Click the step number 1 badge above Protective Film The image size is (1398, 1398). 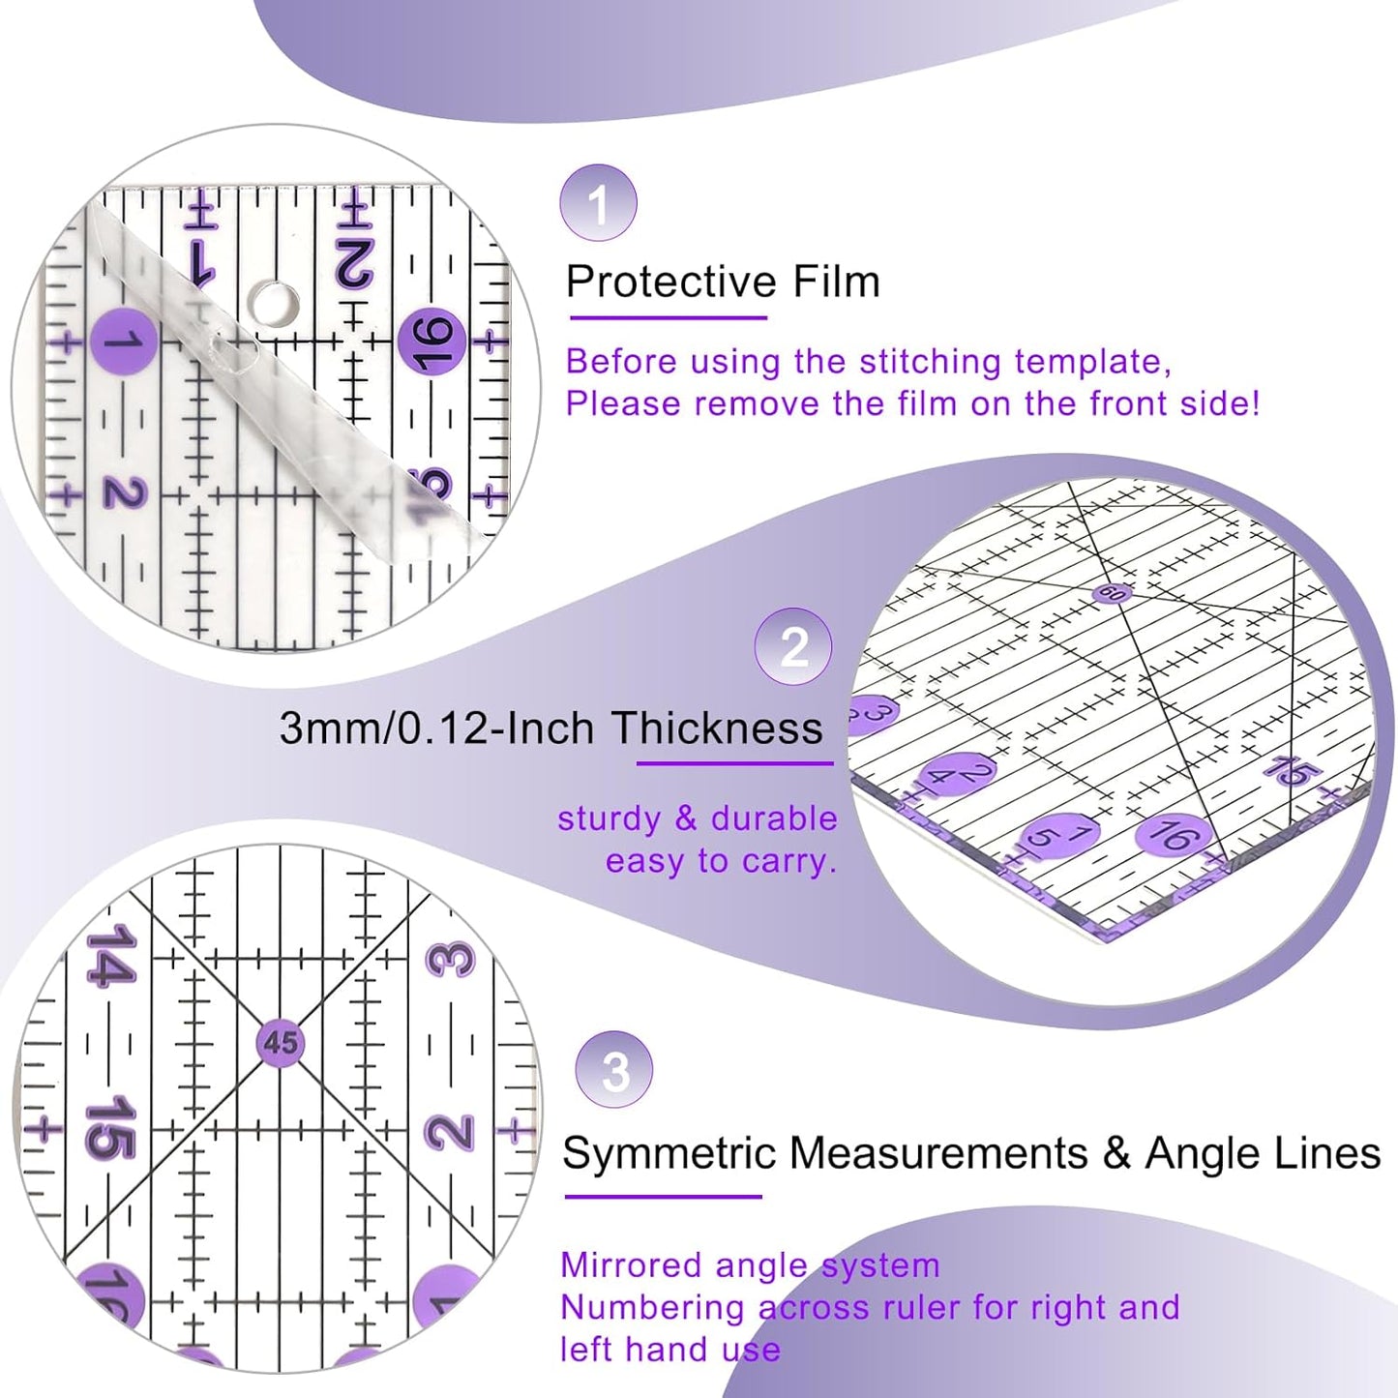coord(598,203)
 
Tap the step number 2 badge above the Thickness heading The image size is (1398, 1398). coord(793,646)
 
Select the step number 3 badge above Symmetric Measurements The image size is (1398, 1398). coord(613,1070)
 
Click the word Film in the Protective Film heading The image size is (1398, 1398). coord(836,282)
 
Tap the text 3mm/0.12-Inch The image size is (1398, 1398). coord(436,728)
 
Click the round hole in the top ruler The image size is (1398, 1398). coord(274,302)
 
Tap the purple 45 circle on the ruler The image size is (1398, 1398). coord(281,1043)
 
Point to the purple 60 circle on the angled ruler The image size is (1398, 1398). coord(1112,593)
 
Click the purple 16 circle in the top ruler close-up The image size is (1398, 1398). coord(432,342)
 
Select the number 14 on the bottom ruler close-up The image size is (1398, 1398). coord(108,956)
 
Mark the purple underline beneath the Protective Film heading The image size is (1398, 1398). coord(668,317)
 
